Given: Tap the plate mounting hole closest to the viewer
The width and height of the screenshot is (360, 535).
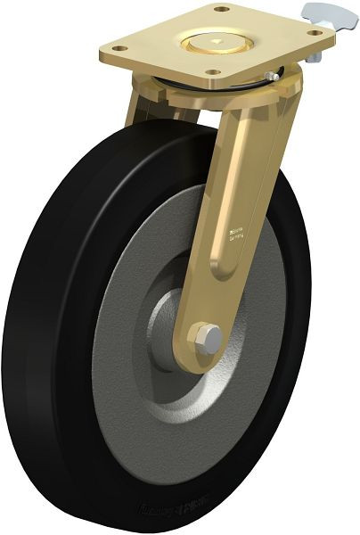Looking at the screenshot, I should point(213,71).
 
